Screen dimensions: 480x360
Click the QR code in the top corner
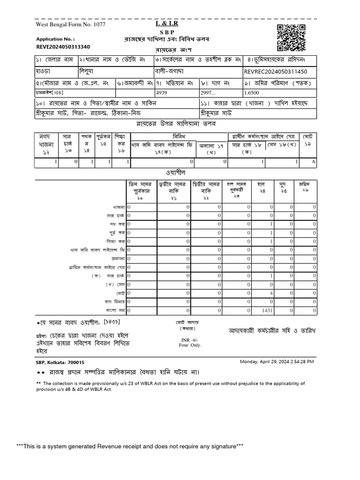291,37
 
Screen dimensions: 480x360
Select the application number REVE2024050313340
63,47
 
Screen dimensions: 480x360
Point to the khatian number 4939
162,93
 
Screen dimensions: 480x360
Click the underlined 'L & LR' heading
167,23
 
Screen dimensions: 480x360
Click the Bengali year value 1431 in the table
267,310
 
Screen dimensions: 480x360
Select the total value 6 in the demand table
314,162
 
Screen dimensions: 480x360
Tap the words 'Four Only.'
190,345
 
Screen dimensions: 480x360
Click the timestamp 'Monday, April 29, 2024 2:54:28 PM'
277,362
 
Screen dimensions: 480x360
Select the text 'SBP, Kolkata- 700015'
60,362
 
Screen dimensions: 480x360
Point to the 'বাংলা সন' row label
115,310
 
